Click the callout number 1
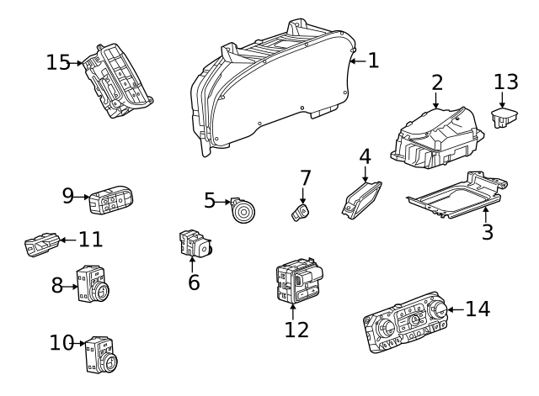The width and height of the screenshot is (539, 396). pos(373,61)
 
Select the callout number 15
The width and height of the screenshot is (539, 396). pos(58,63)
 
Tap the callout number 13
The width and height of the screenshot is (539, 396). pos(505,82)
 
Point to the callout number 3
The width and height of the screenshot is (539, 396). pos(488,231)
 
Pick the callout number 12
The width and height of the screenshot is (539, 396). pos(296,330)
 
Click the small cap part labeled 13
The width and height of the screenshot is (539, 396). pos(504,118)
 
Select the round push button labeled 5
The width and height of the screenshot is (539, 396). pos(243,211)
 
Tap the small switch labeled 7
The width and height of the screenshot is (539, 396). pos(301,213)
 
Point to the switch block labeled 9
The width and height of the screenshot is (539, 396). pos(110,200)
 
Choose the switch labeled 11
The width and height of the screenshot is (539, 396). pos(42,245)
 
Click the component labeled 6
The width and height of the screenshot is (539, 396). pos(195,243)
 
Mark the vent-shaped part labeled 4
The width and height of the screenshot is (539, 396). pos(361,200)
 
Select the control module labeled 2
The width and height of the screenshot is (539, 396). pos(437,138)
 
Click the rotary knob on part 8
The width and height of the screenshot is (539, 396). pos(101,293)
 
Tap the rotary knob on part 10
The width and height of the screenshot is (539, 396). pos(109,362)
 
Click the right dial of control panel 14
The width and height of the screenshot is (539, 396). pos(437,310)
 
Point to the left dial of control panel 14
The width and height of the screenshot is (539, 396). pos(387,330)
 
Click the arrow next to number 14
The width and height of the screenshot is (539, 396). pos(456,309)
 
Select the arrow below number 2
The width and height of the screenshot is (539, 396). pos(436,101)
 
